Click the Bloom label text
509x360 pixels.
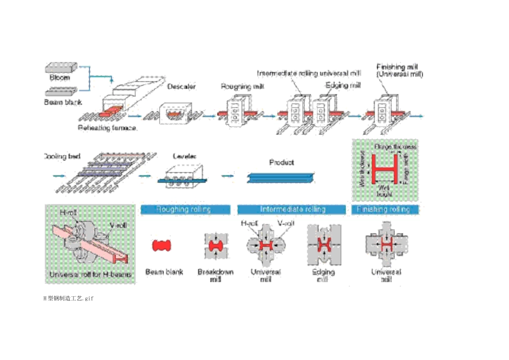coord(60,78)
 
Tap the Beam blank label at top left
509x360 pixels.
coord(62,102)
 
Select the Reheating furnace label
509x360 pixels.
coord(107,129)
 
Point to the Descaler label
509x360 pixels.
coord(182,86)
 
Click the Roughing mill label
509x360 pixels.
coord(239,86)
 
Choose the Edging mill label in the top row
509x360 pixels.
coord(343,85)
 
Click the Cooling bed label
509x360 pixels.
coord(62,156)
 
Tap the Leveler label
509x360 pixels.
coord(184,156)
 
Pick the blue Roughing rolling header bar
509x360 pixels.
coord(185,209)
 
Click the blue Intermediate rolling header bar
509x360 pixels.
coord(293,209)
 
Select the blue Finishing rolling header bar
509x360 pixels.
coord(385,209)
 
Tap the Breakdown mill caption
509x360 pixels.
coord(215,275)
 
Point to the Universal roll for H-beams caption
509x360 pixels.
coord(90,274)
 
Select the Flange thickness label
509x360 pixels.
coord(395,146)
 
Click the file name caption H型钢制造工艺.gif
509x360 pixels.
coord(69,298)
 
